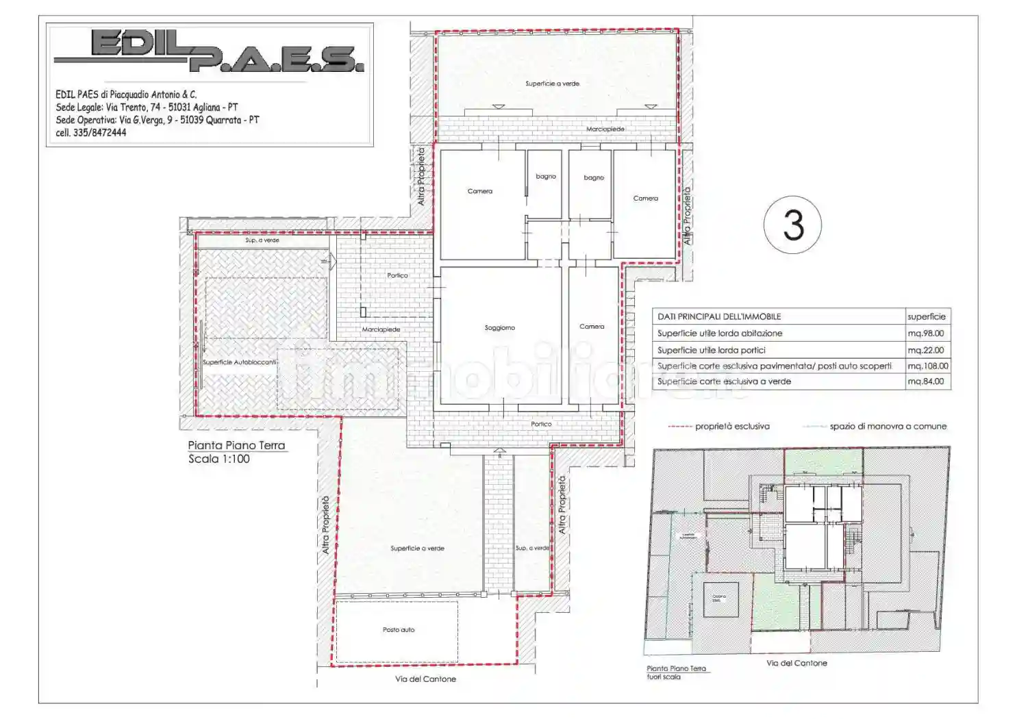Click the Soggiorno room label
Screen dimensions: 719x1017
tap(499, 328)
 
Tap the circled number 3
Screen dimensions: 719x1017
tap(792, 225)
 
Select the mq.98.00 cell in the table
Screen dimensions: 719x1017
tap(925, 333)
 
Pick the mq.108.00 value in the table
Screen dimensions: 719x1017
tap(928, 366)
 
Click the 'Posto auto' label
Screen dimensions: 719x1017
tap(398, 630)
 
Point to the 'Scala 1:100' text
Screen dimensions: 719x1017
tap(219, 459)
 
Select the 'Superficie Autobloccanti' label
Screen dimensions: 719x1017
tap(239, 362)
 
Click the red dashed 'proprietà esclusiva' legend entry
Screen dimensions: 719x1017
tap(718, 427)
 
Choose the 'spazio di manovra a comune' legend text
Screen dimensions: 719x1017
tap(888, 427)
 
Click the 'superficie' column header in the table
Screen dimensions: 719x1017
tap(926, 317)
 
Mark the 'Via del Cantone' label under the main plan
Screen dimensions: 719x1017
tap(425, 679)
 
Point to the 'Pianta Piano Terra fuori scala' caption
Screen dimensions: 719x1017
tap(675, 672)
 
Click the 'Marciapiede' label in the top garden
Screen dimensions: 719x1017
tap(605, 129)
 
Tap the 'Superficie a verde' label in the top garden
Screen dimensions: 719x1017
tap(552, 84)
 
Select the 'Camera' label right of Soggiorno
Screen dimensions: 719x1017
tap(592, 327)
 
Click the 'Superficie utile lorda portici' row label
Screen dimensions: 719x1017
tap(711, 350)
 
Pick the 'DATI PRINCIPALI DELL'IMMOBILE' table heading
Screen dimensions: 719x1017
tap(718, 317)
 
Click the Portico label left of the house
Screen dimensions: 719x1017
tap(397, 275)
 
